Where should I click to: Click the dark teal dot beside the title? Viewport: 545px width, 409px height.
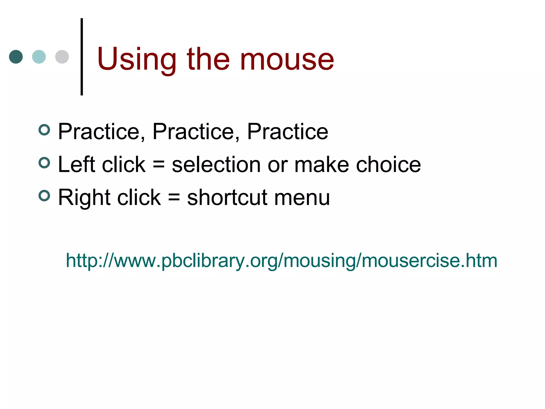click(x=16, y=57)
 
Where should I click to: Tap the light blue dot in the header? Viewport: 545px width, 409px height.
click(x=39, y=57)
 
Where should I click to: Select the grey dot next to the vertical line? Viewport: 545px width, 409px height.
click(x=62, y=57)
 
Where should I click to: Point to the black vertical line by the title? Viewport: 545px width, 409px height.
click(x=82, y=57)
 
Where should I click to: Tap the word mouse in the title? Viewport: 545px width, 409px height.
click(x=287, y=59)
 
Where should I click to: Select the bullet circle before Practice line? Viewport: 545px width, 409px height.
click(x=44, y=130)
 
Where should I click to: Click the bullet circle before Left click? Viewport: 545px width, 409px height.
click(x=44, y=163)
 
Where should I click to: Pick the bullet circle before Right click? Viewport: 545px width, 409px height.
click(x=44, y=196)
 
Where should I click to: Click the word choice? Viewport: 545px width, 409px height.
click(x=389, y=164)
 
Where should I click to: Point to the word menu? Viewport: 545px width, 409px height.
click(x=302, y=197)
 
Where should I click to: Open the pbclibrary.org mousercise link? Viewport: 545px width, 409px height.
click(x=281, y=260)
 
